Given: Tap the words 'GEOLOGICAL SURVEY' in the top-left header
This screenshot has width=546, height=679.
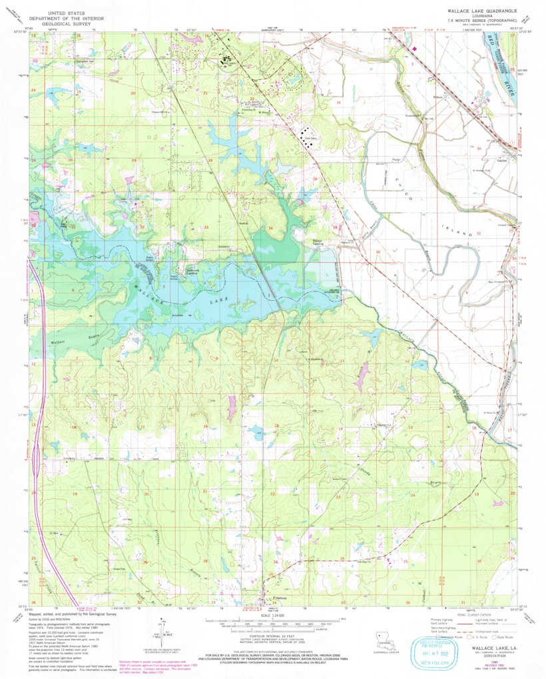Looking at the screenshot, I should coord(57,21).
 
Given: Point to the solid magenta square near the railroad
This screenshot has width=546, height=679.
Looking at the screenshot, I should coord(414,48).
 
